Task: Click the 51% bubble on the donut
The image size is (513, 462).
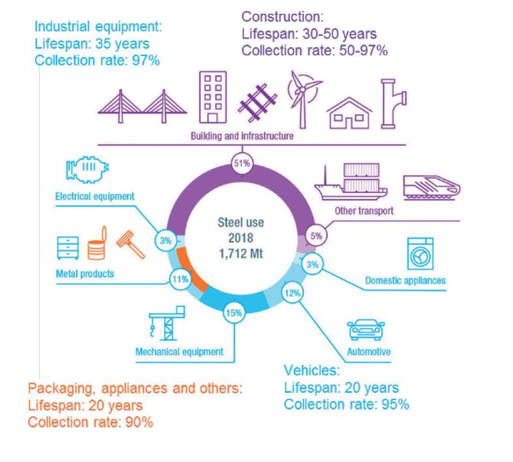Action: [x=241, y=164]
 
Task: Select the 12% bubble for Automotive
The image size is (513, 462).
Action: [x=292, y=293]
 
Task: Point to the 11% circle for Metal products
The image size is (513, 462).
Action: [x=180, y=279]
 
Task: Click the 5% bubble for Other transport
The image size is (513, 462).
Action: [x=317, y=236]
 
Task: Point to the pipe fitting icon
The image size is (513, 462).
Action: [x=394, y=104]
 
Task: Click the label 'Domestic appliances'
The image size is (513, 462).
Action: [x=405, y=281]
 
